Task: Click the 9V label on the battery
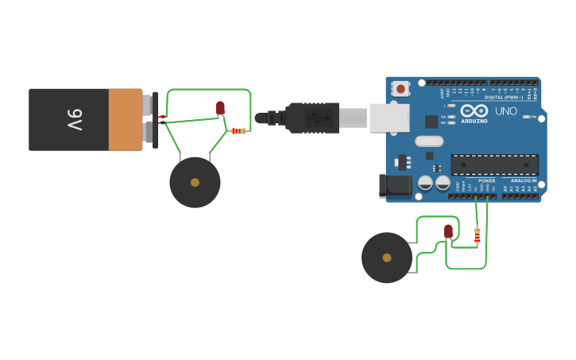point(74,119)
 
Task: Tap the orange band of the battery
point(125,119)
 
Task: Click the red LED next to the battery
point(220,107)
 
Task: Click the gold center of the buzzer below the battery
point(195,183)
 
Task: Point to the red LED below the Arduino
point(448,230)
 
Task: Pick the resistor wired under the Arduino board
point(477,235)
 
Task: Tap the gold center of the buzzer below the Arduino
point(387,257)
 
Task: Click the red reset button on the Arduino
point(401,89)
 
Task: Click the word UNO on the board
point(506,110)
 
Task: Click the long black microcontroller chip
point(494,165)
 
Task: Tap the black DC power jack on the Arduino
point(395,186)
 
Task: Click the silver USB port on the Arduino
point(389,118)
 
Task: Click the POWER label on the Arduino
point(486,180)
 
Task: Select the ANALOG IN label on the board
point(523,180)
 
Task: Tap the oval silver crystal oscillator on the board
point(429,141)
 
